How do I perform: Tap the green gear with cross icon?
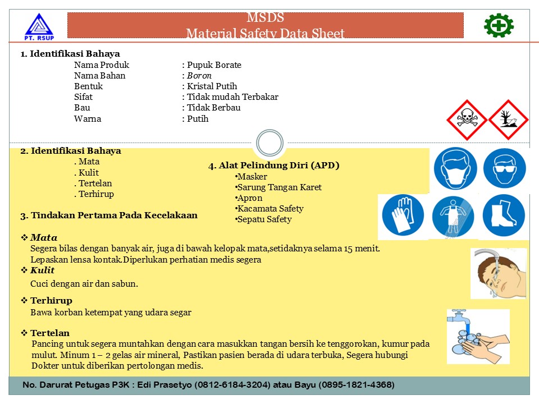(x=499, y=25)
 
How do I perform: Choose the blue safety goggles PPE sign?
(x=504, y=168)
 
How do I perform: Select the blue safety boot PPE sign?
(x=504, y=215)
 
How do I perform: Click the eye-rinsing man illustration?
(x=498, y=273)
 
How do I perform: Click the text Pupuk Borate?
(x=214, y=65)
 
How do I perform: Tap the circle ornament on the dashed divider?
(x=269, y=143)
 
